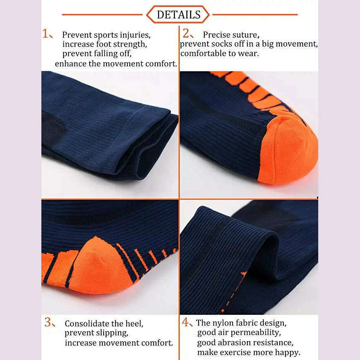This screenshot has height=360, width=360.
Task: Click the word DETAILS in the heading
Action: click(x=179, y=15)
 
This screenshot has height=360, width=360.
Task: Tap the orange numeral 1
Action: click(x=46, y=34)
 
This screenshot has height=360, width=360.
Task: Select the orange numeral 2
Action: click(x=186, y=33)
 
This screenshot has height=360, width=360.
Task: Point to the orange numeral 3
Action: click(x=49, y=323)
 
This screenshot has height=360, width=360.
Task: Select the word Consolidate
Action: click(x=86, y=324)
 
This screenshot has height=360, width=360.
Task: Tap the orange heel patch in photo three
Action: click(x=98, y=266)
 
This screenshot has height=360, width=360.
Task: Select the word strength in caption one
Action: click(x=130, y=44)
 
